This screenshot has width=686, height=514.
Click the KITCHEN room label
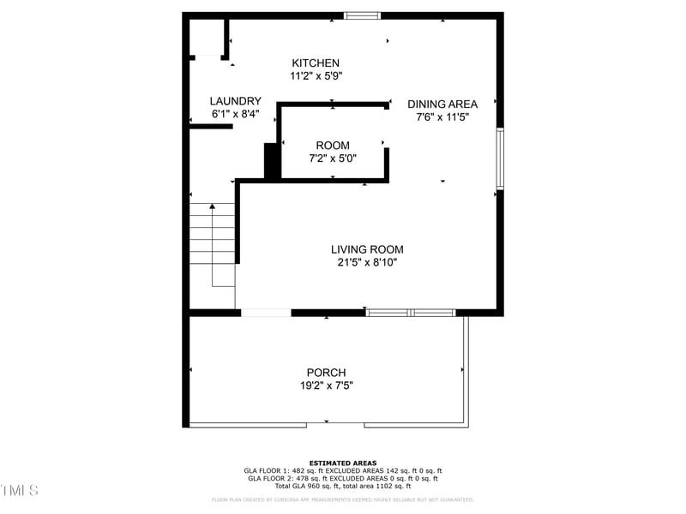(316, 63)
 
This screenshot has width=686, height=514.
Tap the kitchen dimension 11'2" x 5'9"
(316, 76)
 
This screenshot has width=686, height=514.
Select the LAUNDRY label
(235, 101)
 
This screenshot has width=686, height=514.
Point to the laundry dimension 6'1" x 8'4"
(235, 114)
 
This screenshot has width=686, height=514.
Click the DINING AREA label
(442, 105)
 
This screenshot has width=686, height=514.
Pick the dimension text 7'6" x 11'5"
(442, 117)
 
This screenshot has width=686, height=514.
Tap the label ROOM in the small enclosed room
(333, 146)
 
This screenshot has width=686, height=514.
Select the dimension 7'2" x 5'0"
(333, 158)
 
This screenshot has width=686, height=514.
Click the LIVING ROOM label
(367, 250)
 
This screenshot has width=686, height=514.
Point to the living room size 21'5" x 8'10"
(367, 263)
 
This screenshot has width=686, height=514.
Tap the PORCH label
(326, 373)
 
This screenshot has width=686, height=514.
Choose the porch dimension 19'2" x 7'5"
(326, 385)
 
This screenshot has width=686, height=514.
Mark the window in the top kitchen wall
(362, 15)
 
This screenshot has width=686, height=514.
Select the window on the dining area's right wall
(500, 158)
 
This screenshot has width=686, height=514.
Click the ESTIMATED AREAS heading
(343, 463)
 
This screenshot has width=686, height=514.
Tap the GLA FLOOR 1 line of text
(343, 471)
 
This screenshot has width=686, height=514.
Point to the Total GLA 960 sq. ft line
(343, 486)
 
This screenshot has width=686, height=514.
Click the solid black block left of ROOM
(271, 160)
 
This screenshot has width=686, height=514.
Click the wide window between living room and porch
(411, 313)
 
